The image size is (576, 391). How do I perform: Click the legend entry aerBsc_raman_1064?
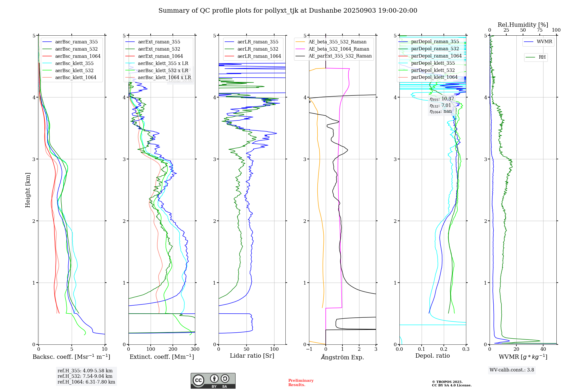pyautogui.click(x=78, y=56)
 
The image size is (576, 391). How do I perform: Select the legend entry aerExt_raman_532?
pyautogui.click(x=159, y=49)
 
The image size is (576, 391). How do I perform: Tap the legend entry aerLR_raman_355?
pyautogui.click(x=258, y=42)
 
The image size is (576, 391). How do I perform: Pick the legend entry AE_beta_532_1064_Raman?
pyautogui.click(x=339, y=49)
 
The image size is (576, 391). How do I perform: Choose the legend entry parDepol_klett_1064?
pyautogui.click(x=434, y=77)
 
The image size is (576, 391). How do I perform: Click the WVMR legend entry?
pyautogui.click(x=544, y=42)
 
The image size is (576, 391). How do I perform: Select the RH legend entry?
pyautogui.click(x=542, y=57)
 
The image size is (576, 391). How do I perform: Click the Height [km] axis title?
pyautogui.click(x=28, y=190)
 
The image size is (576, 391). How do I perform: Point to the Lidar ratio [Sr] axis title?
pyautogui.click(x=252, y=356)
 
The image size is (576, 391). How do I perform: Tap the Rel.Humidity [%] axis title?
pyautogui.click(x=523, y=25)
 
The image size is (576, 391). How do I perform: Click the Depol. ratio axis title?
pyautogui.click(x=432, y=356)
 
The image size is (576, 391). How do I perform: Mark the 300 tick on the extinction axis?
pyautogui.click(x=195, y=349)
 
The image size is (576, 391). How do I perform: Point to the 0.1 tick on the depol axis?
pyautogui.click(x=422, y=349)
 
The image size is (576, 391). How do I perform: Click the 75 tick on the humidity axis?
pyautogui.click(x=539, y=30)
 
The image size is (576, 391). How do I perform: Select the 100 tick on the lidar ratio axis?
pyautogui.click(x=274, y=349)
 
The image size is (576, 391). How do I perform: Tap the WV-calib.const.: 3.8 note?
pyautogui.click(x=512, y=370)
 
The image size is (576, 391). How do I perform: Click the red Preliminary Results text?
pyautogui.click(x=301, y=383)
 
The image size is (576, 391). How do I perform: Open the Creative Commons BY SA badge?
pyautogui.click(x=213, y=381)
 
